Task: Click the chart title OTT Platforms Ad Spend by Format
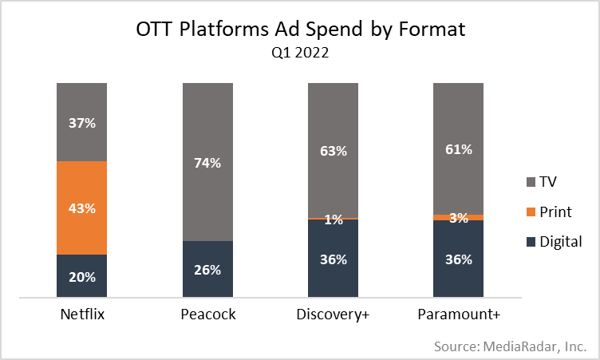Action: click(x=300, y=32)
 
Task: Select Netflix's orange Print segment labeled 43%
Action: click(x=83, y=208)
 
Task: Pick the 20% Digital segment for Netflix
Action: click(x=83, y=277)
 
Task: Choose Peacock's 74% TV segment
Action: click(x=208, y=162)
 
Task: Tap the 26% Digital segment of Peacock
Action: click(x=208, y=270)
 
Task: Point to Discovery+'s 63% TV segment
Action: click(x=334, y=149)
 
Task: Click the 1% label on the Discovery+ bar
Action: click(x=334, y=220)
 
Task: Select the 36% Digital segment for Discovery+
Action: click(x=334, y=259)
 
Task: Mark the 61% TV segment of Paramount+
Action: click(x=459, y=148)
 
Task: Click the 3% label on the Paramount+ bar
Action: click(x=459, y=218)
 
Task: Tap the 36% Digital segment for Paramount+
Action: click(x=459, y=259)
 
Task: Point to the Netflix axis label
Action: click(x=83, y=315)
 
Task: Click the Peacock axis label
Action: click(x=208, y=315)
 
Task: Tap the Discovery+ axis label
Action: click(x=334, y=315)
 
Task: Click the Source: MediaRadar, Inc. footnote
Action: click(x=511, y=346)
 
